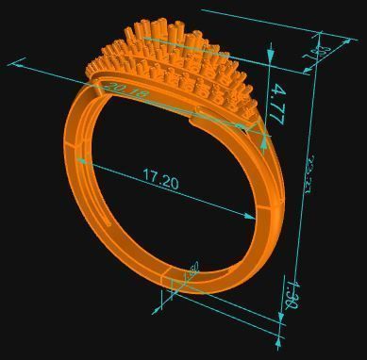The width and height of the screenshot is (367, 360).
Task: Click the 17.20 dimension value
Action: (160, 178)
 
